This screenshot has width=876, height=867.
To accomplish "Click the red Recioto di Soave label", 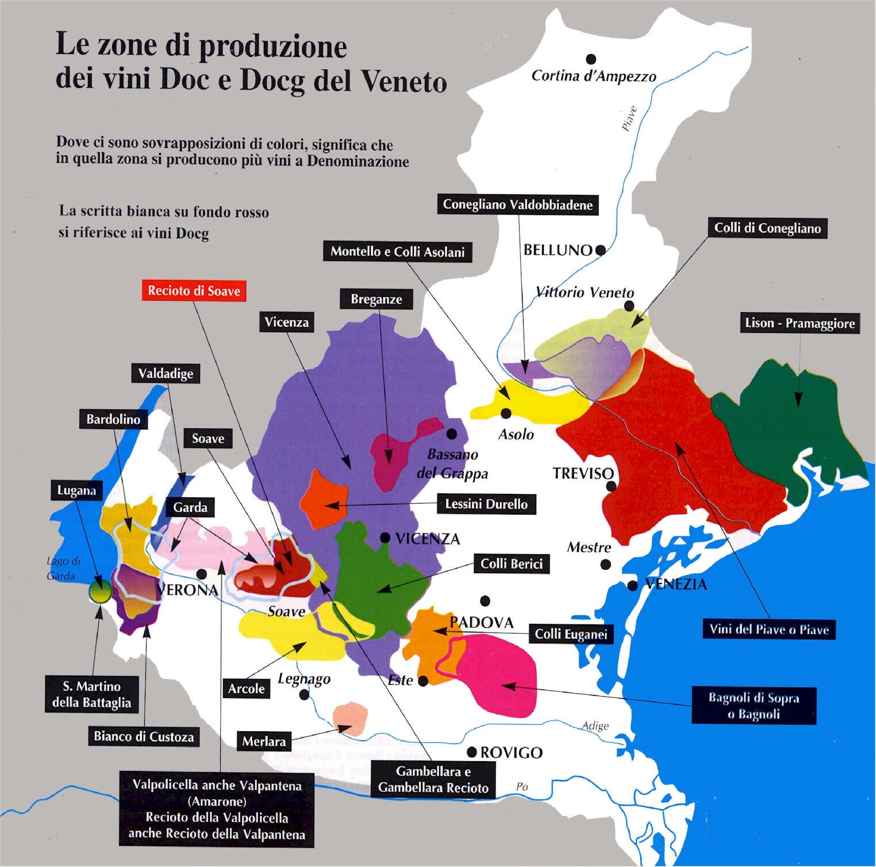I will (x=194, y=291).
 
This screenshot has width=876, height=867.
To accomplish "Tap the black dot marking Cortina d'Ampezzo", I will (x=590, y=59).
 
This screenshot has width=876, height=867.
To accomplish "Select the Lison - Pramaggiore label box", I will (x=800, y=323).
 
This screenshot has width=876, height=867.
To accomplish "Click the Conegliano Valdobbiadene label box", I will (x=517, y=205).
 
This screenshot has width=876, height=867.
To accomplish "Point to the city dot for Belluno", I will (x=600, y=250).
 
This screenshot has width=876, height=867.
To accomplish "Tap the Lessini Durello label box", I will (x=486, y=504).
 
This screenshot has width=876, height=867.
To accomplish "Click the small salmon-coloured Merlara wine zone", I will (x=350, y=718).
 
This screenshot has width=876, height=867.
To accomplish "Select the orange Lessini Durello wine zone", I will (x=324, y=498).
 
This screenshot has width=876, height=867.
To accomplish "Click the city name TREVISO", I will (x=583, y=474).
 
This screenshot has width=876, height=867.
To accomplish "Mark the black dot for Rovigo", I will (x=472, y=752).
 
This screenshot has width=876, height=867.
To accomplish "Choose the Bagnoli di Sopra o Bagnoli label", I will (x=754, y=705).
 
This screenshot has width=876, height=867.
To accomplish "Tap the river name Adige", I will (x=595, y=726).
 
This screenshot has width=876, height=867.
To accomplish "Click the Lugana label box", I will (x=76, y=490).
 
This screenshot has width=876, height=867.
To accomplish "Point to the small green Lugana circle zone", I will (x=100, y=592).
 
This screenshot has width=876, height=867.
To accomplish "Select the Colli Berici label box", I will (x=512, y=564).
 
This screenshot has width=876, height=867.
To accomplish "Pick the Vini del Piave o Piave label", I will (x=769, y=630).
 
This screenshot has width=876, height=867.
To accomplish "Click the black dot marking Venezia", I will (x=632, y=586).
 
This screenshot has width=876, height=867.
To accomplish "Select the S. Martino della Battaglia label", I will (x=91, y=695).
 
